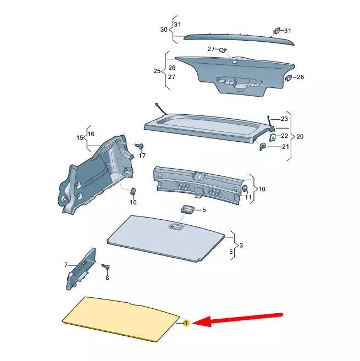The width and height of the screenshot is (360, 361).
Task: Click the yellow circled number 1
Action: [x=186, y=323]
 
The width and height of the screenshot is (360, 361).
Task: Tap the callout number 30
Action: [x=163, y=30]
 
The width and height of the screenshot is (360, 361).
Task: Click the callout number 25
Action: [x=156, y=71]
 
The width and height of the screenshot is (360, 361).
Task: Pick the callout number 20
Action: [x=300, y=136]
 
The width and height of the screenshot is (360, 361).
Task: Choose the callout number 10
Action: [x=262, y=189]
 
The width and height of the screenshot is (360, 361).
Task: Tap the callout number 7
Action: [x=66, y=265]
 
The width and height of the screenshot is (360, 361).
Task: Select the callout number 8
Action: [x=107, y=278]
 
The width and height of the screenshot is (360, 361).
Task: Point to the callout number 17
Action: [x=142, y=156]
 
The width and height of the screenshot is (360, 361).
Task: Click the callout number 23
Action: [x=284, y=119]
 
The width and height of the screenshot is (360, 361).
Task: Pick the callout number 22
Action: [x=284, y=136]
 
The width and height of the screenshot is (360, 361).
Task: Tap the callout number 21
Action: [x=285, y=147]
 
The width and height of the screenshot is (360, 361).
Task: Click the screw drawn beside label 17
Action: [x=140, y=146]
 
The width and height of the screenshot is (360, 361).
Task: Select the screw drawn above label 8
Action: [x=107, y=266]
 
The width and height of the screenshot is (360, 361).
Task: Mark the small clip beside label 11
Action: [x=243, y=189]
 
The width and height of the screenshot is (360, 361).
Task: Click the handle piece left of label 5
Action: [x=187, y=209]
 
